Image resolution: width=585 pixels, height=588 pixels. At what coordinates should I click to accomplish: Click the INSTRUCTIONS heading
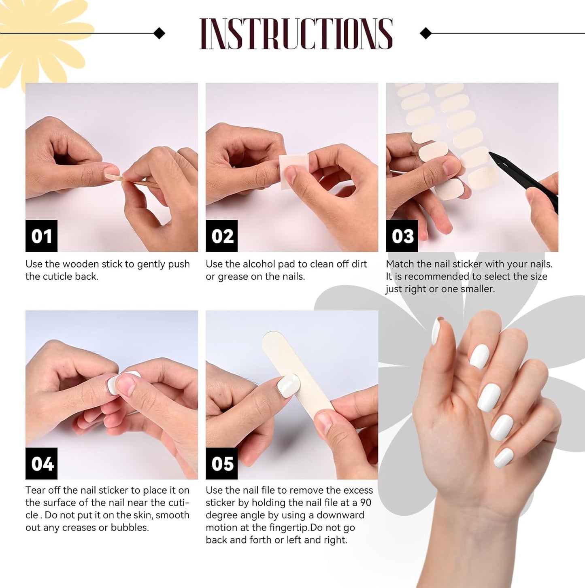tap(296, 34)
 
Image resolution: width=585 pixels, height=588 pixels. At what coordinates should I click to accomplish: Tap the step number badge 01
tap(41, 236)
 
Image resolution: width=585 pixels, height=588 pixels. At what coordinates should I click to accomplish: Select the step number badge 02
tap(222, 236)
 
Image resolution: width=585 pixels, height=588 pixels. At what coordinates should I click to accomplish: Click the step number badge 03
tap(402, 236)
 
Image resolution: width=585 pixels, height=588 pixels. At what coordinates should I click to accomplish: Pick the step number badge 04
tap(41, 463)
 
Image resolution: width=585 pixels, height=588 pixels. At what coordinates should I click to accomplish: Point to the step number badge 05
tap(222, 463)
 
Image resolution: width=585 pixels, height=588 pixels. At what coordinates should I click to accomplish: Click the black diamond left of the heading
tap(160, 33)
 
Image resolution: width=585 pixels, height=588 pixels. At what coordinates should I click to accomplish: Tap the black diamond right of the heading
tap(425, 33)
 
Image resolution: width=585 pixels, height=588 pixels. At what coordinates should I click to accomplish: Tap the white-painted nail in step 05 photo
tap(288, 385)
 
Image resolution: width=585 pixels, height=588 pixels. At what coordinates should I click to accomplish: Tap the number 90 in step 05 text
tap(365, 503)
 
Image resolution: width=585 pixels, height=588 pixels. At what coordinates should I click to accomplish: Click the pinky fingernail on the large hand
tap(504, 458)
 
